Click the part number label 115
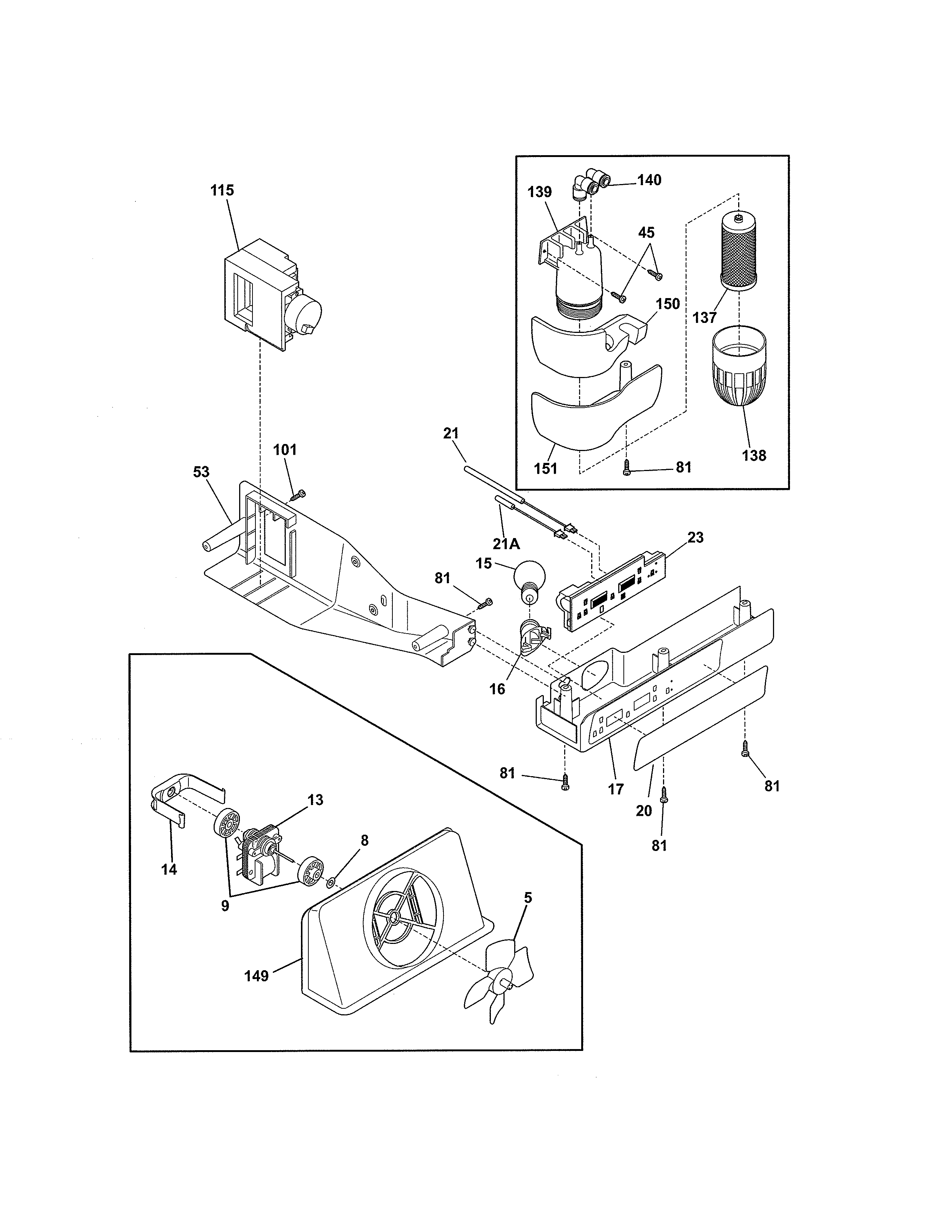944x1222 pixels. point(222,190)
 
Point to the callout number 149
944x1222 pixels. point(257,976)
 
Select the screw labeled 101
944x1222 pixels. point(299,495)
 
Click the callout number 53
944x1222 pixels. point(201,472)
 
